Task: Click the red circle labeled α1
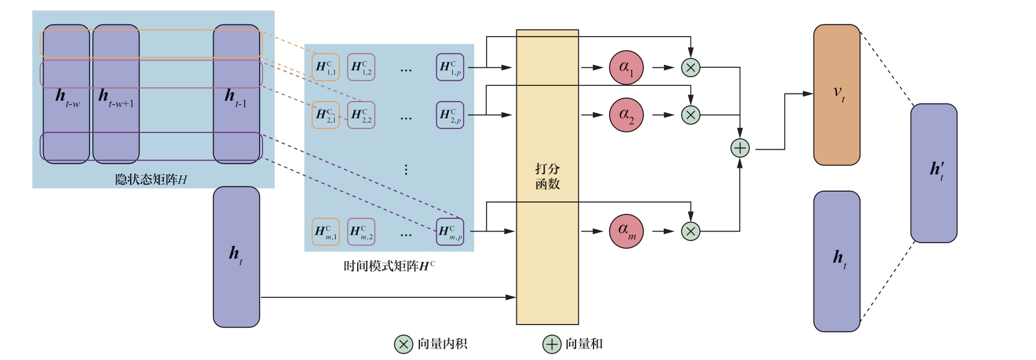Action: click(x=626, y=67)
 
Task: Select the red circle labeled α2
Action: click(x=626, y=115)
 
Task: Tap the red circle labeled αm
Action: click(x=626, y=231)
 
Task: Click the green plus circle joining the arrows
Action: click(x=740, y=148)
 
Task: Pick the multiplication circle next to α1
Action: click(x=690, y=67)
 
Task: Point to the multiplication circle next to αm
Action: click(x=690, y=232)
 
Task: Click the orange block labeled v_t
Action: click(x=836, y=95)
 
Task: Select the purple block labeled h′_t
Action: click(x=933, y=172)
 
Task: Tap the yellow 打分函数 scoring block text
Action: click(x=547, y=177)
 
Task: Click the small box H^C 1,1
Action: click(x=326, y=67)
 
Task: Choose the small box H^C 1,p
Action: click(x=450, y=67)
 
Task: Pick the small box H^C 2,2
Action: click(x=361, y=115)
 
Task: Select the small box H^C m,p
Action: click(x=450, y=232)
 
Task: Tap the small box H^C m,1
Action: click(x=326, y=232)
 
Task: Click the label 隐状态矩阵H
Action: click(x=151, y=179)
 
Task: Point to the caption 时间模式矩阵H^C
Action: click(x=389, y=267)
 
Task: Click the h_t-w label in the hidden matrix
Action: click(x=67, y=98)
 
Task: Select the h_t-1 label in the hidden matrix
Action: click(x=236, y=98)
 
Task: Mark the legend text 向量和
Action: click(x=584, y=344)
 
